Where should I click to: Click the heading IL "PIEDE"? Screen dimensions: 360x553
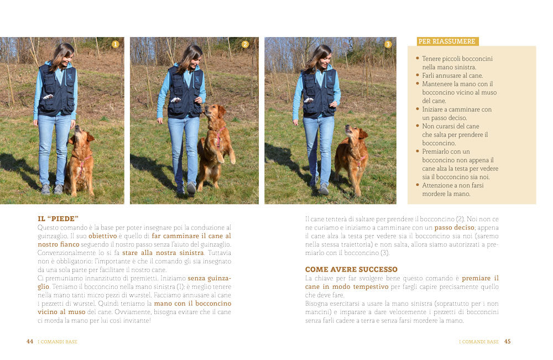(58, 219)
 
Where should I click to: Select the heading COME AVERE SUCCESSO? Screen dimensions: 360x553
(351, 269)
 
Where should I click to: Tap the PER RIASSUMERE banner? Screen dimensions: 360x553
(447, 41)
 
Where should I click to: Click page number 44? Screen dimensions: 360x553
(30, 342)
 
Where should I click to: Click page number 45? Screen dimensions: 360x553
(507, 342)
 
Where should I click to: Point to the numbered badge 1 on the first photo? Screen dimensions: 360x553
(115, 44)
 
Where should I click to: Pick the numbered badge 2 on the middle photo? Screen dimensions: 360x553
(245, 44)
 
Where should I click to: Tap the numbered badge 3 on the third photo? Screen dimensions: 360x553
(388, 44)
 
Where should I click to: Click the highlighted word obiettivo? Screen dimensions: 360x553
(102, 236)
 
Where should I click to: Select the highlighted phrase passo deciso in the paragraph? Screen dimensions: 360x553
(454, 227)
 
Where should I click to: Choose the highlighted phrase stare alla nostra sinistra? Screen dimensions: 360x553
(163, 253)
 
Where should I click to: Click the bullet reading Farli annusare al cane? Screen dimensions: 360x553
(452, 75)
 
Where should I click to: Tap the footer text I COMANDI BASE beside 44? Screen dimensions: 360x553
(58, 342)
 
